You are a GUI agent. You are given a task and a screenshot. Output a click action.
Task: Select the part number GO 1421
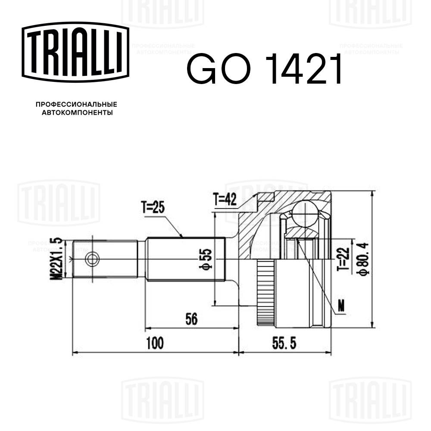(264, 69)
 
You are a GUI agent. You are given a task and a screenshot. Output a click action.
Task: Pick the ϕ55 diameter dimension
(206, 259)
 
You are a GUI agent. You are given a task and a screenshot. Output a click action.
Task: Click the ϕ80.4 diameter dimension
(363, 259)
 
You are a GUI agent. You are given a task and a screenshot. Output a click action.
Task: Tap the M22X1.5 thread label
(56, 259)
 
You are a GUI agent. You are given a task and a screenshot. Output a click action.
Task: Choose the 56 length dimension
(191, 319)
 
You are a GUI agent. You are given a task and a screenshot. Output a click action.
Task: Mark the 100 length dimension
(155, 344)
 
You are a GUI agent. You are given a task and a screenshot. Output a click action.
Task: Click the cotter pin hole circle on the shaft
(92, 259)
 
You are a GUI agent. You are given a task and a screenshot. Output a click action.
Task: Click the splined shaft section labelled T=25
(185, 259)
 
